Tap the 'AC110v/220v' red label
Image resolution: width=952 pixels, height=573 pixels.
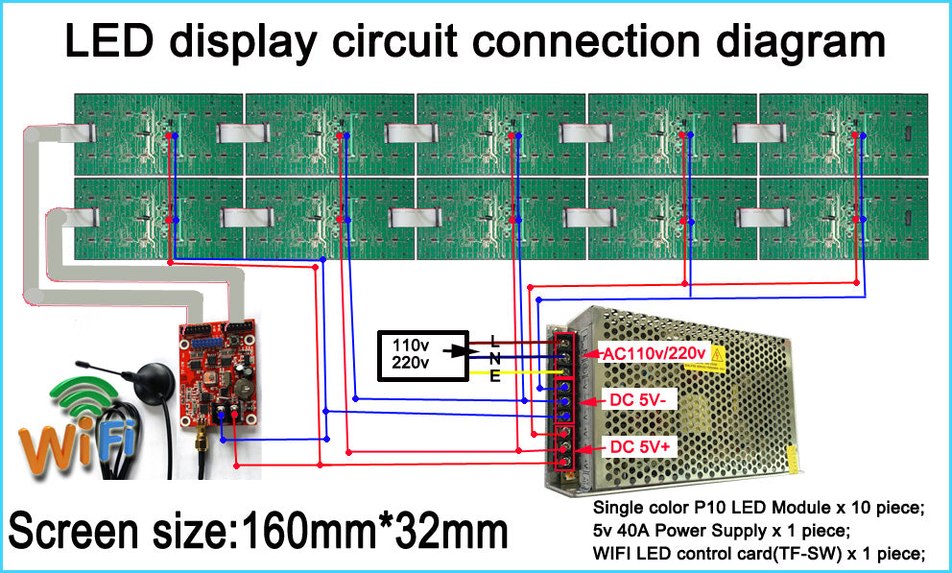point(654,354)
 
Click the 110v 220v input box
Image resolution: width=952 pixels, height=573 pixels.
point(421,352)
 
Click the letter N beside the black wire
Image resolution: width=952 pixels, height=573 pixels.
point(494,358)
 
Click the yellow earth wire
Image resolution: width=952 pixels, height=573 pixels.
point(528,373)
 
